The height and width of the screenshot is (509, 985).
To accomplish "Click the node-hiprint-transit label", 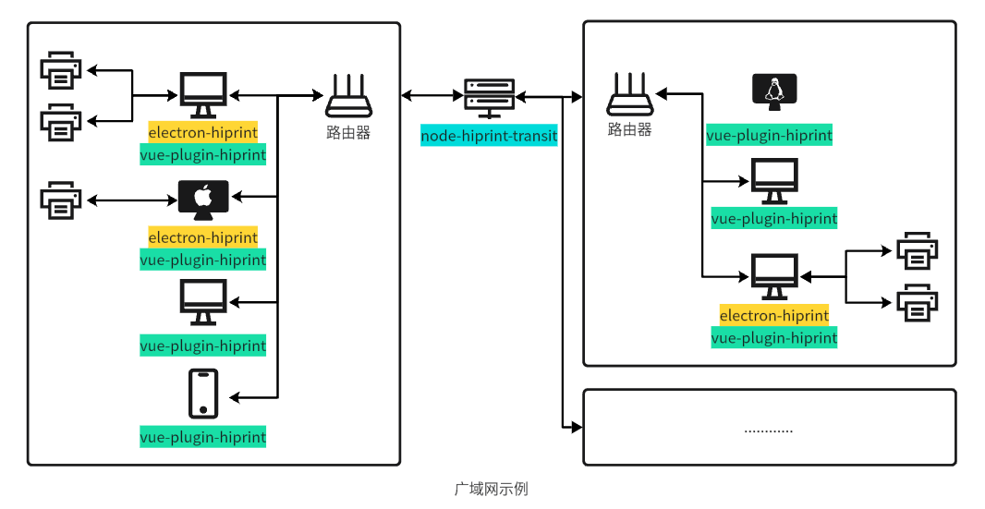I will [489, 136].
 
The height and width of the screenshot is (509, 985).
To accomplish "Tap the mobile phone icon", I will [203, 394].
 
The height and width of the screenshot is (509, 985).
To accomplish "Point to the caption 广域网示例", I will [491, 489].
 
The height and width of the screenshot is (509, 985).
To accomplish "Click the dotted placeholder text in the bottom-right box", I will [768, 429].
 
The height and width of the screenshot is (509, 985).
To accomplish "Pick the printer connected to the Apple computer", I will [61, 200].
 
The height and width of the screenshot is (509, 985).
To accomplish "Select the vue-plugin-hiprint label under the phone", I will [202, 437].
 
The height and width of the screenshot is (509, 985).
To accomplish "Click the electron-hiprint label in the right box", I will [773, 315].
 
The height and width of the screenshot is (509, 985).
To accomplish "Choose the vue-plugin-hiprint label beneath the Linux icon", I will [769, 135].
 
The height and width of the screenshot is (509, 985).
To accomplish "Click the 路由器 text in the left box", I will [348, 132].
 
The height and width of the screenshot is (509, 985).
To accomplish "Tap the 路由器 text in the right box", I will [629, 130].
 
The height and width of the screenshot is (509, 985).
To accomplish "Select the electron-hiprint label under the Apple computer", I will [202, 237].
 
